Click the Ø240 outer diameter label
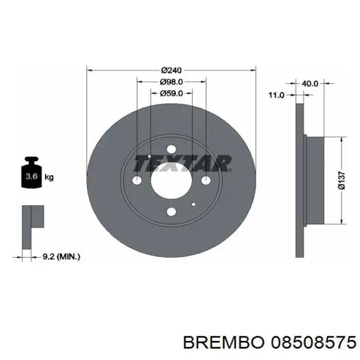(171, 70)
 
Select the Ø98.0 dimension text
(171, 82)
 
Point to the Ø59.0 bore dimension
(171, 93)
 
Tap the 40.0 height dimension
(310, 83)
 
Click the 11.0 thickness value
(277, 95)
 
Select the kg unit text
(49, 177)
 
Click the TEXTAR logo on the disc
(183, 164)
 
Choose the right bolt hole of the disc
(206, 180)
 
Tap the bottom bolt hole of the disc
(171, 212)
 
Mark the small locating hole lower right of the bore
(193, 204)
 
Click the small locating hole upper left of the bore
(149, 156)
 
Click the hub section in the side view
(314, 180)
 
